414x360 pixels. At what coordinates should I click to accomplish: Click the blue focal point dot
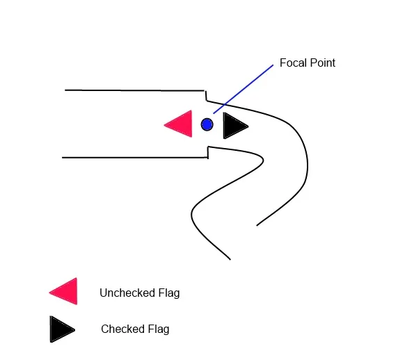(x=207, y=124)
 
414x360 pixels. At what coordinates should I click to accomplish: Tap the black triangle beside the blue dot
(x=233, y=126)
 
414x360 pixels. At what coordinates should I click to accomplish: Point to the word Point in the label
(x=322, y=63)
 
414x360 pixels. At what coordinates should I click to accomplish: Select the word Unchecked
(x=127, y=293)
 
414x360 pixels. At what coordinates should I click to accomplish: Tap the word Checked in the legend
(x=122, y=329)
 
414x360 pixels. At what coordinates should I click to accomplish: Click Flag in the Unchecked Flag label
(x=169, y=293)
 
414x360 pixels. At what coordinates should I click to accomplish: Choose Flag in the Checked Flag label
(x=159, y=329)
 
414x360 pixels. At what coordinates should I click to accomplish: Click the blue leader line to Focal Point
(x=243, y=89)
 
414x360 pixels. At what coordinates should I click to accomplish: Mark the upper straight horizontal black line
(x=135, y=90)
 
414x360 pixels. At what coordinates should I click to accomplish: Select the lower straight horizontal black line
(x=135, y=158)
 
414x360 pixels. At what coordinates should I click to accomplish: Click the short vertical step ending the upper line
(x=206, y=96)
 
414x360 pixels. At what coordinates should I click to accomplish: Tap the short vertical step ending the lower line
(x=208, y=152)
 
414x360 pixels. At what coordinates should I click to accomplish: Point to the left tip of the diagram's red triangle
(x=164, y=124)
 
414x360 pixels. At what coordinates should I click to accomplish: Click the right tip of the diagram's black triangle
(x=248, y=126)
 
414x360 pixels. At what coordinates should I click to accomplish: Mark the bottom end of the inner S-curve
(x=230, y=259)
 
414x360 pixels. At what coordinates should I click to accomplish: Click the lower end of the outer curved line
(x=257, y=225)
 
